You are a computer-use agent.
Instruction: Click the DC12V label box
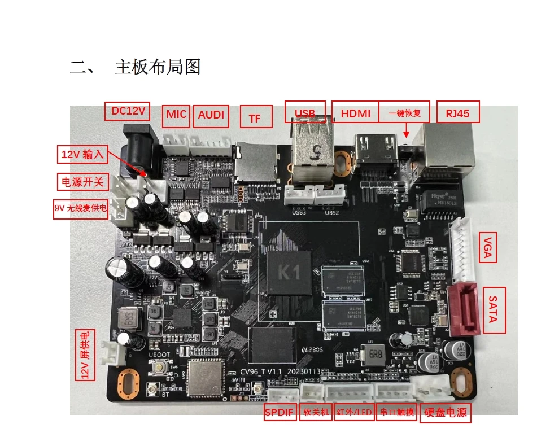(128, 111)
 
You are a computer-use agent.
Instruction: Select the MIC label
(176, 115)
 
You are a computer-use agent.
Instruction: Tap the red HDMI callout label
(356, 113)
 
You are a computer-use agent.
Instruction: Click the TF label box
(255, 118)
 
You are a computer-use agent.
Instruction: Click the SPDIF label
(280, 413)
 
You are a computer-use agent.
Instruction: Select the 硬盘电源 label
(446, 413)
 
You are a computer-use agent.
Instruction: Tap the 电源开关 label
(83, 182)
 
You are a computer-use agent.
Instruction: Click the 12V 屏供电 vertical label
(86, 355)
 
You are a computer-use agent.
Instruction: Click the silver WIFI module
(206, 376)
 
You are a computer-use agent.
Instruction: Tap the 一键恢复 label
(404, 113)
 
